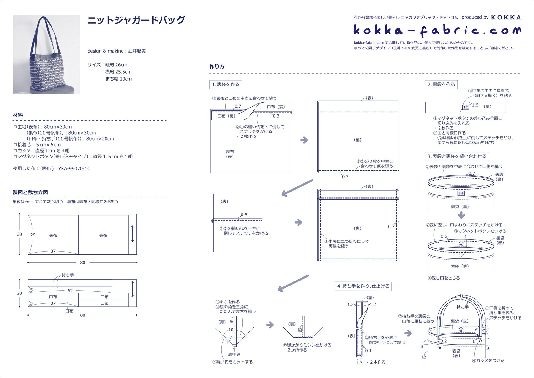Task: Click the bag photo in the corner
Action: (x=46, y=54)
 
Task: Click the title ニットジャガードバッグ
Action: (x=136, y=20)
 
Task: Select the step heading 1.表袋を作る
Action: (x=226, y=85)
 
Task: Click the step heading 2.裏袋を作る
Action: (x=441, y=85)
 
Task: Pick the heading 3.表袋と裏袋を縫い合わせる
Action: (x=457, y=156)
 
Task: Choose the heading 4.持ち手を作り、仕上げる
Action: (x=363, y=286)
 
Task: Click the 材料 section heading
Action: (x=18, y=115)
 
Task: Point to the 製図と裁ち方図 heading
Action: (x=30, y=192)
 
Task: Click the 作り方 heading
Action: (x=217, y=67)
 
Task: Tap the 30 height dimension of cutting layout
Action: (x=19, y=234)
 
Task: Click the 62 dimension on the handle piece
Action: (x=70, y=291)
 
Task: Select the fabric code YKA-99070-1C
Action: (x=74, y=169)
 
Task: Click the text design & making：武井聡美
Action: (x=117, y=51)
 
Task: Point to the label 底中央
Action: (x=234, y=354)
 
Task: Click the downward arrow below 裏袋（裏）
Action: (x=461, y=215)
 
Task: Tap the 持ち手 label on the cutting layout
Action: (x=68, y=275)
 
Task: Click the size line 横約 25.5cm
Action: (x=118, y=72)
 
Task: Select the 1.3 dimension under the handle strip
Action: (x=359, y=363)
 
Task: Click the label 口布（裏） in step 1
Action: (x=226, y=116)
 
